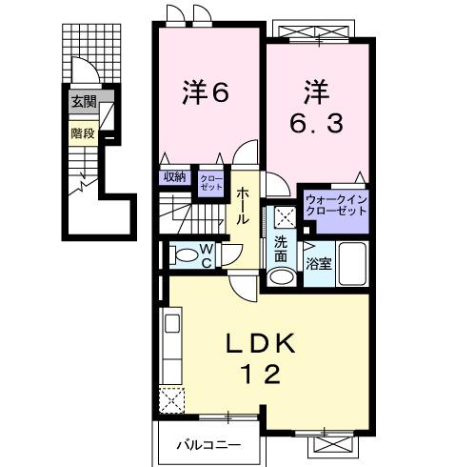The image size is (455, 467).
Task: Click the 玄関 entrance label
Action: [x=82, y=100]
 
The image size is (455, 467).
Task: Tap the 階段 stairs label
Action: [x=82, y=133]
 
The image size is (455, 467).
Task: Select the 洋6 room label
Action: [x=206, y=93]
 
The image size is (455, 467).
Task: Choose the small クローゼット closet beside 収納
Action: [x=209, y=180]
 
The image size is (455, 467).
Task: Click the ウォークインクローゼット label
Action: [x=335, y=204]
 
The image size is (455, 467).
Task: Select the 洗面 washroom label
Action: [x=281, y=248]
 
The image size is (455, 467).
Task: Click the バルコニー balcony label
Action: [x=208, y=443]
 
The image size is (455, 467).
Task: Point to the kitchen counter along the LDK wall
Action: [x=173, y=348]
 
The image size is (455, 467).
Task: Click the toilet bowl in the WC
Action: [x=181, y=255]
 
